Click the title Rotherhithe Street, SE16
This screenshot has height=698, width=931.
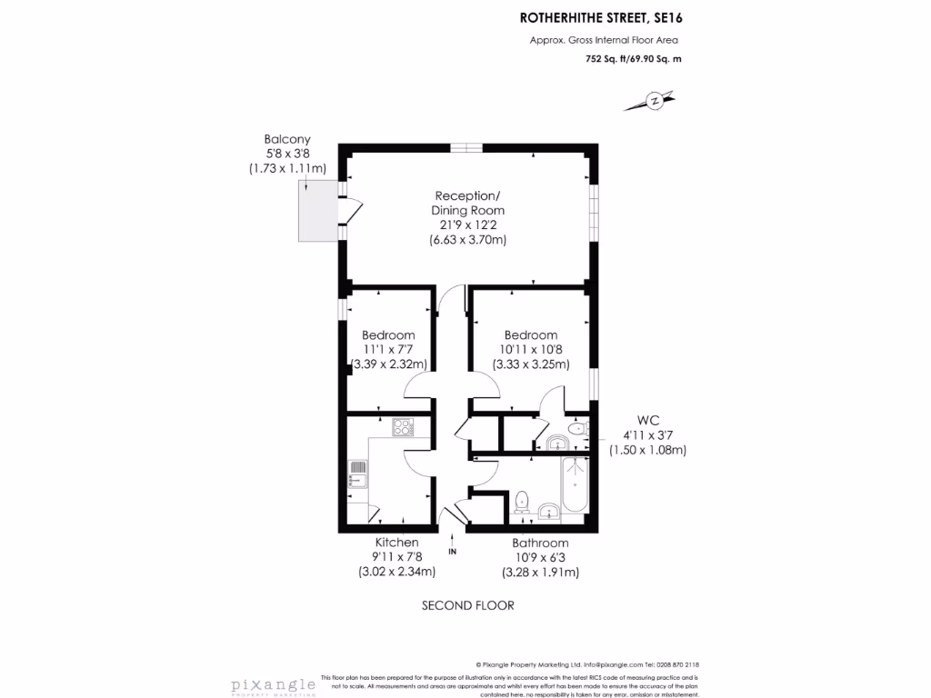click(600, 16)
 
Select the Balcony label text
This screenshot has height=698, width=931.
click(287, 139)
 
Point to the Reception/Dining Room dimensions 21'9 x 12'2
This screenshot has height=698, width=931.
click(467, 225)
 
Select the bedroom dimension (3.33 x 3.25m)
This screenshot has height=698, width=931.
click(531, 364)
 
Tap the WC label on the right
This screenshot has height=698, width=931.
click(647, 421)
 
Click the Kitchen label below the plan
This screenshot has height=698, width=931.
click(397, 543)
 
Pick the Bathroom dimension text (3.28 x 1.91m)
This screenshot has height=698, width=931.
click(540, 573)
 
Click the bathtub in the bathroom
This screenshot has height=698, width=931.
click(575, 486)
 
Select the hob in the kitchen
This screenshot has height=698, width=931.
click(403, 425)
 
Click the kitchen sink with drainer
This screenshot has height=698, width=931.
click(357, 474)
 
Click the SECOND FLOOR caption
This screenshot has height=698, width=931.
click(468, 605)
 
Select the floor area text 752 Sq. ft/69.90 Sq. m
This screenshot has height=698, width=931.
click(633, 58)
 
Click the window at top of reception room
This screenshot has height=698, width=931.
click(466, 146)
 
